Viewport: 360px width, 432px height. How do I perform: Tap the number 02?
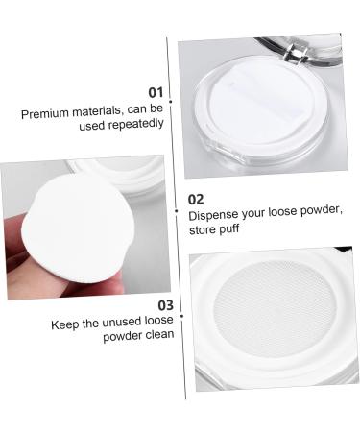point(197,199)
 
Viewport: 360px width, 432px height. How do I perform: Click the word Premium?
point(44,113)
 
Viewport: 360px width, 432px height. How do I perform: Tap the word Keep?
point(66,324)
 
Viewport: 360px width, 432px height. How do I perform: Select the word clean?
point(157,335)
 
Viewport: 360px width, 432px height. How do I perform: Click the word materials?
point(99,113)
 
